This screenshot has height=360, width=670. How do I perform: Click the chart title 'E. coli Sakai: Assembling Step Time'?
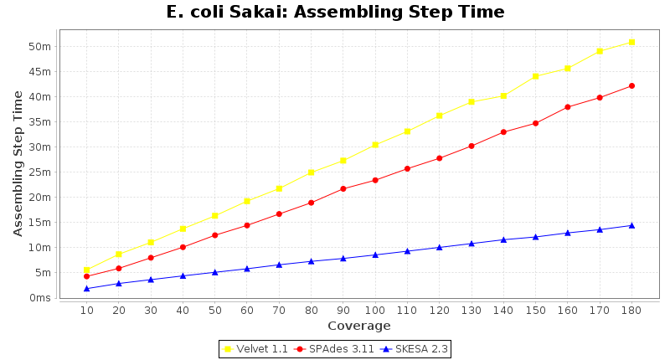point(335,12)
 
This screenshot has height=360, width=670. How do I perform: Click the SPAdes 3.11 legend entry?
point(333,348)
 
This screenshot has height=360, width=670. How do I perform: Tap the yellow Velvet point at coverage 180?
point(631,42)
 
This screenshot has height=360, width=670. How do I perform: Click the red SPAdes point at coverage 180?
point(631,85)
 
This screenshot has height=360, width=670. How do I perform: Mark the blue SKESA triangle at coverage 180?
point(631,225)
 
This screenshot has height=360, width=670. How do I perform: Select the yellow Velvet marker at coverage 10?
point(86,270)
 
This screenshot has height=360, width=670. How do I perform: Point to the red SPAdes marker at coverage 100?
point(375,180)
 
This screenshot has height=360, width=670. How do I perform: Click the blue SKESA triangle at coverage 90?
point(343,258)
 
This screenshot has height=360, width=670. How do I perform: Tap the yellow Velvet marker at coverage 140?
point(503,95)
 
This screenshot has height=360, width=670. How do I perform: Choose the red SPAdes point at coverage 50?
point(214,235)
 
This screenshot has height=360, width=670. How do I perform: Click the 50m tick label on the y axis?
point(40,46)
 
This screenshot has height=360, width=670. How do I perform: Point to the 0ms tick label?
point(40,297)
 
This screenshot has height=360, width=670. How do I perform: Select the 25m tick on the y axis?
point(40,172)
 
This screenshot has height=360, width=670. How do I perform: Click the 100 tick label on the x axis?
point(375,310)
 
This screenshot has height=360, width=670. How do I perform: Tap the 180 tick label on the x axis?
point(631,310)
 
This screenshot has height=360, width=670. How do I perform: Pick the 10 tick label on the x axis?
point(86,310)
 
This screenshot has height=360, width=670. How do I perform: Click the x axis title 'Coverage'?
point(358,326)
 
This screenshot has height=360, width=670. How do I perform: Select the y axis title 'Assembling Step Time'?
point(18,163)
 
